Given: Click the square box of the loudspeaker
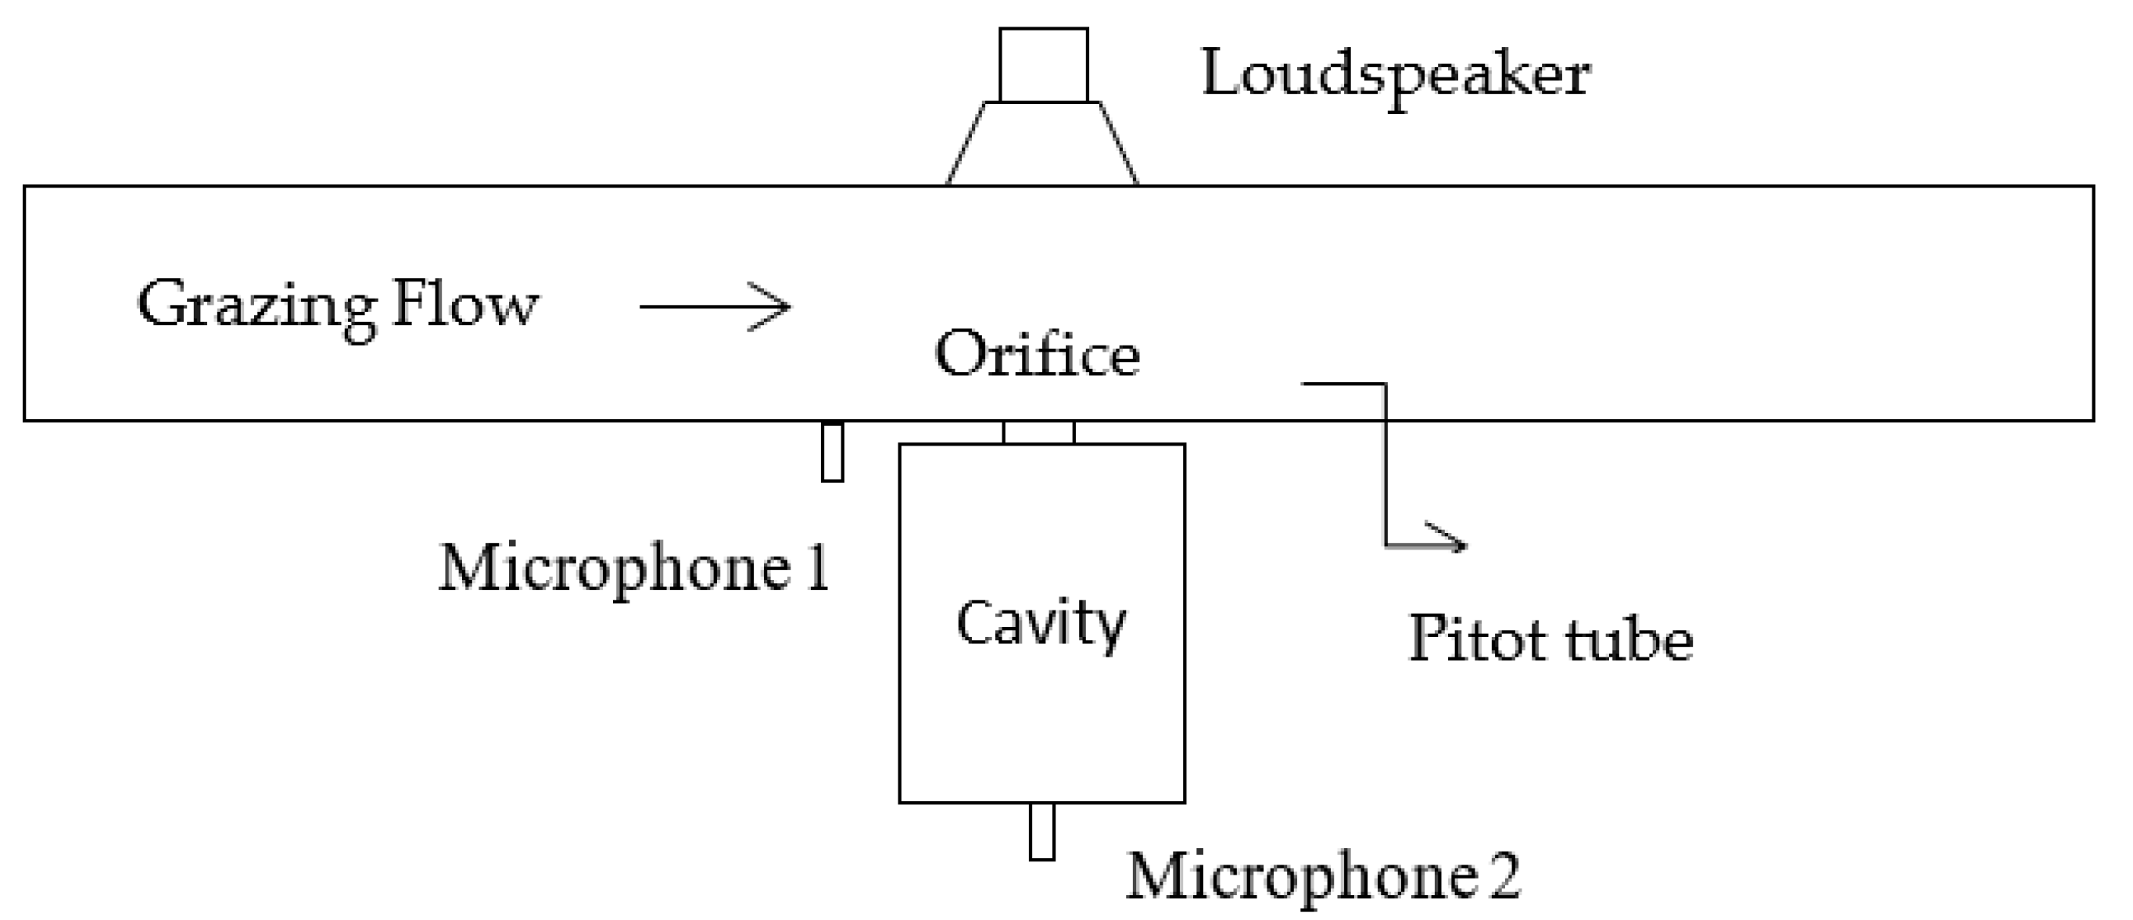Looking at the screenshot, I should click(x=1043, y=66).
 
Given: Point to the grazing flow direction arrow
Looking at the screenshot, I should click(x=715, y=307).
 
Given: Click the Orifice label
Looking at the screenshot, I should click(x=1037, y=354).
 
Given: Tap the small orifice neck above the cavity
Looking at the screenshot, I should click(x=1038, y=432).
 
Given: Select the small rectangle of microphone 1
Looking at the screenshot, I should click(x=832, y=452).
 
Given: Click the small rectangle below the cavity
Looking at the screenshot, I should click(x=1041, y=832).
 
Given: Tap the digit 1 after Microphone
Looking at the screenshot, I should click(x=818, y=570).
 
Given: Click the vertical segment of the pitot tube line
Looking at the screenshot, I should click(x=1386, y=464).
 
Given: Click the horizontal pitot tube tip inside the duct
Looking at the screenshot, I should click(x=1342, y=384).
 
